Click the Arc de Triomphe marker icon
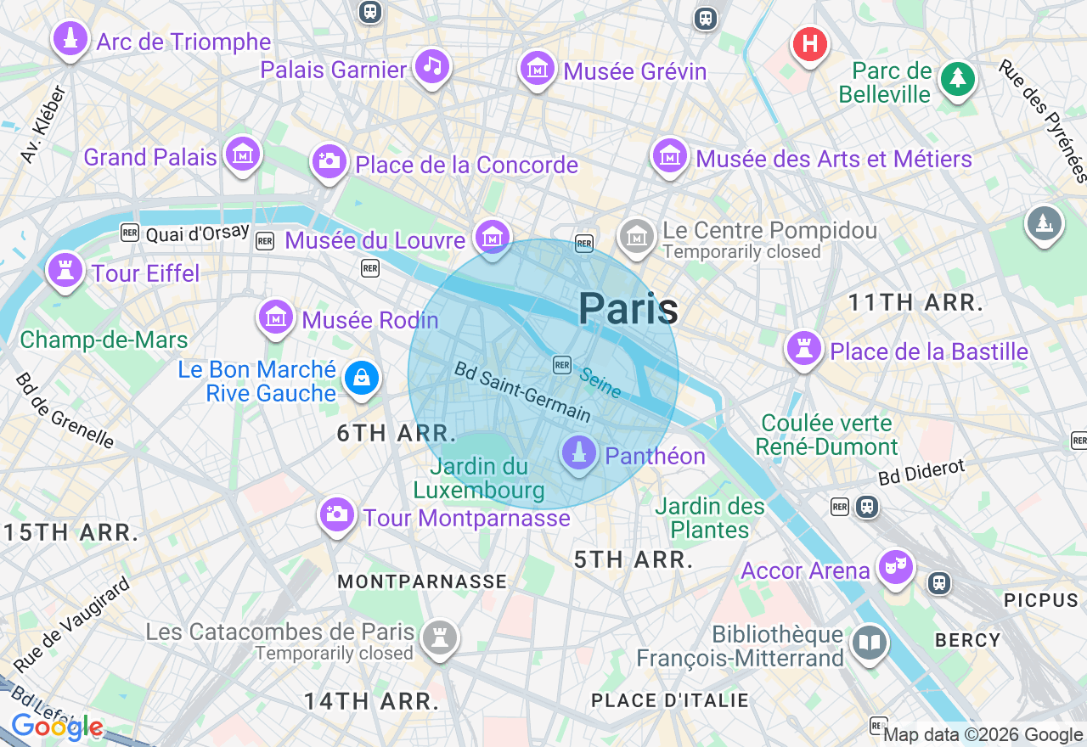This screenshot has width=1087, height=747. [70, 38]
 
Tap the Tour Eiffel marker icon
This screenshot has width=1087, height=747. [65, 270]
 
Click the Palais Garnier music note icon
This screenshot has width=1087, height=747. [432, 66]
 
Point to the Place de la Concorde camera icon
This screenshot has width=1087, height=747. [329, 160]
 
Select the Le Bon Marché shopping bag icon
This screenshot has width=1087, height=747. [362, 378]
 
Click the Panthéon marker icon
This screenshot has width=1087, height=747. [579, 453]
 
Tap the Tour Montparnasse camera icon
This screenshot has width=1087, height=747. [337, 514]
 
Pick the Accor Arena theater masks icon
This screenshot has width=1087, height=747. [895, 566]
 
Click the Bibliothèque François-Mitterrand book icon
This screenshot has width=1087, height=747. [870, 643]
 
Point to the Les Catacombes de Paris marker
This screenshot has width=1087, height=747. [439, 637]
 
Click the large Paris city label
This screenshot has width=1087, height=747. [628, 308]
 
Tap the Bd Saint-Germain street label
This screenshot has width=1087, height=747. [522, 392]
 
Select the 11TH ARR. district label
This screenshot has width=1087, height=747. [916, 302]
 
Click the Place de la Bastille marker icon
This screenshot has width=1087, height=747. [803, 348]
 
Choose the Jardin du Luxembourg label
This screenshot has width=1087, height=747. [479, 478]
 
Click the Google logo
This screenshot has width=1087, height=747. [57, 727]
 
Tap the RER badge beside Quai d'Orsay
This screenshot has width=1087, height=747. [130, 233]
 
